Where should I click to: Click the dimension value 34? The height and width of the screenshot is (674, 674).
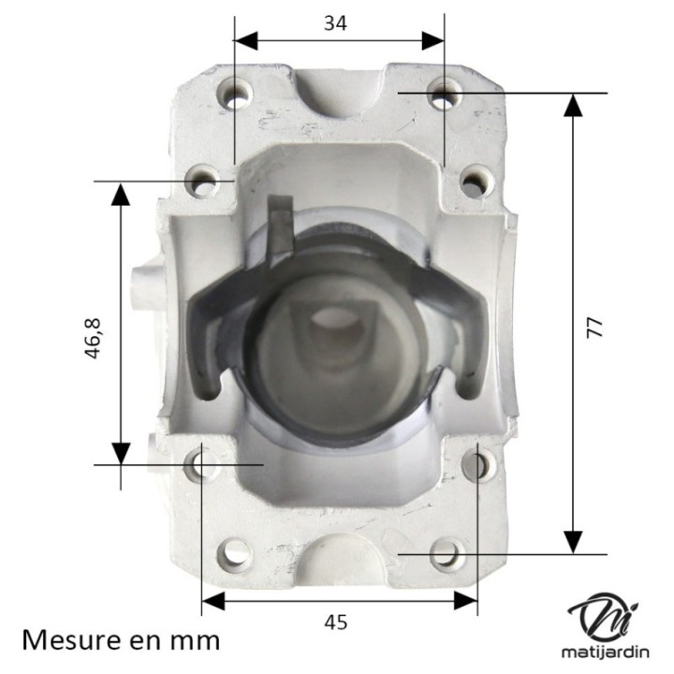[335, 23]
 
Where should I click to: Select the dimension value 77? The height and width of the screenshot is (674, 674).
[596, 327]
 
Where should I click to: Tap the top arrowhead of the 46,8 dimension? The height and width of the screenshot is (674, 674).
[120, 194]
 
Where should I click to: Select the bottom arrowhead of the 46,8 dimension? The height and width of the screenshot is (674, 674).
[120, 452]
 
